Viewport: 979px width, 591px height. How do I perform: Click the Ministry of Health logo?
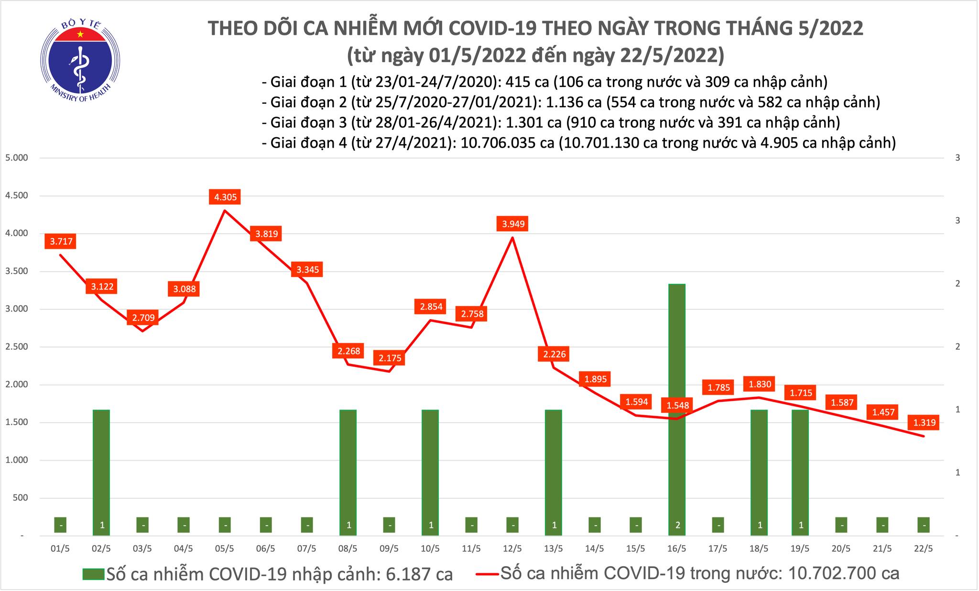coord(79,60)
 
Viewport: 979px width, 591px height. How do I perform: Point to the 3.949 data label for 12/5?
coord(513,224)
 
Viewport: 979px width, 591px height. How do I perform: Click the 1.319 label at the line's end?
coord(924,422)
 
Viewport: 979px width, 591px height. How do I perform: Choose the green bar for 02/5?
coord(101,471)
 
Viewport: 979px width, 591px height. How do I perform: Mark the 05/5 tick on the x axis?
coord(225,549)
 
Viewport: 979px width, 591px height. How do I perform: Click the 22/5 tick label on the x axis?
coord(924,549)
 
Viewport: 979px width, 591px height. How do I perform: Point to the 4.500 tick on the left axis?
coord(16,196)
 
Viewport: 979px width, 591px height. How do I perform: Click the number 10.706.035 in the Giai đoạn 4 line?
coord(507,142)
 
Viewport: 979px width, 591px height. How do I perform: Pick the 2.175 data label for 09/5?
coord(390,358)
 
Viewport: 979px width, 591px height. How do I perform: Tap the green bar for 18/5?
coord(759,471)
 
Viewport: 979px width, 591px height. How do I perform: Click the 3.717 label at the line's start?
coord(61,241)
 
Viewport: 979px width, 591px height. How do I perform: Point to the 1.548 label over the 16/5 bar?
coord(678,406)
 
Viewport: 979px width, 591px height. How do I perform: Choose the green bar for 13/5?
coord(554,471)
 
